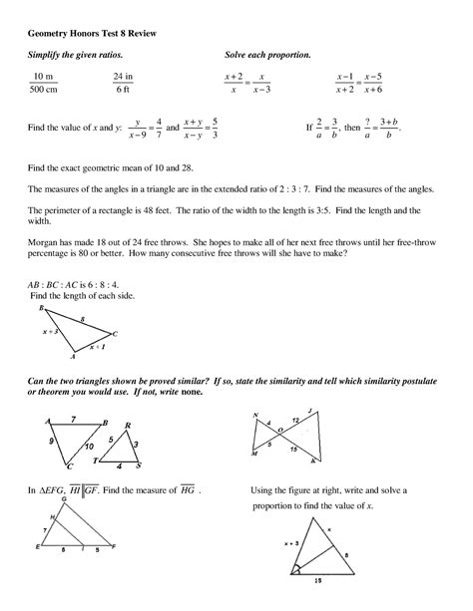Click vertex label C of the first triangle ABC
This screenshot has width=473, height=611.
[116, 334]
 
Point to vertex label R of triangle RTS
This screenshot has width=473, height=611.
[128, 424]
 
